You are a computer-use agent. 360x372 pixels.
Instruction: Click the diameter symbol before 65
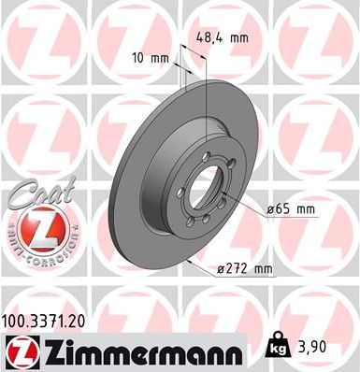point(271,209)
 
